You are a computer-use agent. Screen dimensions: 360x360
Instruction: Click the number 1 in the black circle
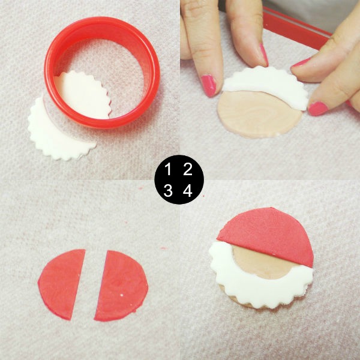[x=168, y=169]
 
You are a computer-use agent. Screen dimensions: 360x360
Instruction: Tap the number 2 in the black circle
[x=188, y=169]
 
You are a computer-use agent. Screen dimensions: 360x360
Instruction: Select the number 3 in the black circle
[x=168, y=191]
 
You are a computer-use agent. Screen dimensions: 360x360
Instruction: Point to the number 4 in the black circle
[x=188, y=191]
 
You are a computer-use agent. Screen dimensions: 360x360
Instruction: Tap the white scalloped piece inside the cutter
[x=83, y=95]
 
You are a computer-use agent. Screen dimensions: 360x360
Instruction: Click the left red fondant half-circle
[x=61, y=284]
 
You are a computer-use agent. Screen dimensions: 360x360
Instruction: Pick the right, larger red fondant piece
[x=122, y=286]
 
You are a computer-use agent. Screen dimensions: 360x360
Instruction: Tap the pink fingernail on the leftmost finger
[x=208, y=85]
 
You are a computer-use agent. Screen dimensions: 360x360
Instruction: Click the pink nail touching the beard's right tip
[x=318, y=109]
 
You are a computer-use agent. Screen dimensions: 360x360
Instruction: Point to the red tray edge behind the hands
[x=296, y=28]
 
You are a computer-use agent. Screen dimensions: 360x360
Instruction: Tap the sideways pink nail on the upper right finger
[x=301, y=62]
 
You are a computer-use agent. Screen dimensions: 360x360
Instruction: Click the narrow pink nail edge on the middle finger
[x=264, y=55]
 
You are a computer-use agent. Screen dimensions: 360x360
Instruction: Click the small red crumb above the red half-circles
[x=163, y=248]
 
